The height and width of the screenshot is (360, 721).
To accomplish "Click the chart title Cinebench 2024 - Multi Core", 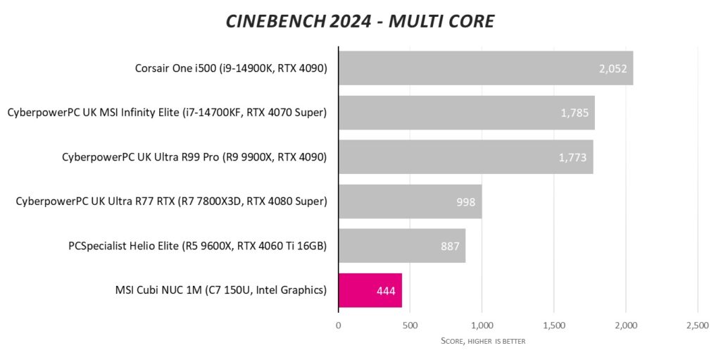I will click(360, 21).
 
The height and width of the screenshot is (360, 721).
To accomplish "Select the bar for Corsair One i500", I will click(479, 68).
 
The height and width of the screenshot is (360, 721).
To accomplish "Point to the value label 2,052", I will click(612, 69).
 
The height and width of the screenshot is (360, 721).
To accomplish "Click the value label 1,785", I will click(575, 113).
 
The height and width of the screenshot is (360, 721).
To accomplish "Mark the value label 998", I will click(466, 202).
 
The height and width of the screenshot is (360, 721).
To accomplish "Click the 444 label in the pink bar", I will click(387, 291).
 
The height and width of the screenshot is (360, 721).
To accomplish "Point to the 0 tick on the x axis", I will click(339, 325).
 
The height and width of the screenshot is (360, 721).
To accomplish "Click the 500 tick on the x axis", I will click(410, 325).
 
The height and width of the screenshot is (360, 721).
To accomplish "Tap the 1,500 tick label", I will click(553, 325).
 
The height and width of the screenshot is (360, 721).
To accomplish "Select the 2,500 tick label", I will click(697, 325).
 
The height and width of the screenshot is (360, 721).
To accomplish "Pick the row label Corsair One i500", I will click(231, 69).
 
